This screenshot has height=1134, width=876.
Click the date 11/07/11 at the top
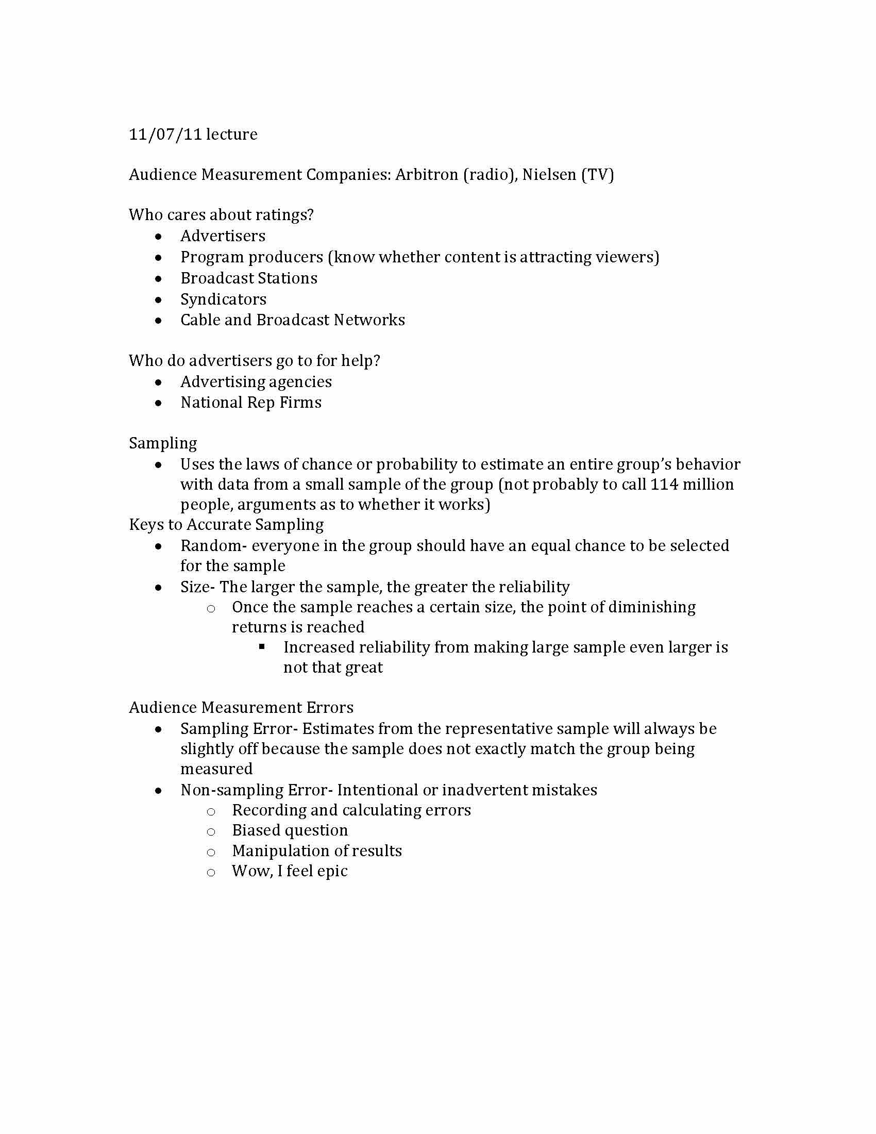(165, 135)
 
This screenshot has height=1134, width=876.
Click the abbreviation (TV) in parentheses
(597, 174)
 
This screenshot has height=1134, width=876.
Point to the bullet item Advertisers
(223, 236)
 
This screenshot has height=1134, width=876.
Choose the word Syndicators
(223, 299)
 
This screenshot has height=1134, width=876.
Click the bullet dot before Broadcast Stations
(158, 279)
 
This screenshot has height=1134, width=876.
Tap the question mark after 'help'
(377, 361)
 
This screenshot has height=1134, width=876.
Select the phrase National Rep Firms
(250, 403)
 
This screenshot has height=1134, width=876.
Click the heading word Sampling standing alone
(163, 443)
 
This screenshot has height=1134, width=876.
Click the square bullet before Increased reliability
(262, 647)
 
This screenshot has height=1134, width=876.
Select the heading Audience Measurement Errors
(241, 708)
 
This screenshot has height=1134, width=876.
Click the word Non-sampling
(231, 790)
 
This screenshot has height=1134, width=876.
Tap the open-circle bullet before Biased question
(211, 832)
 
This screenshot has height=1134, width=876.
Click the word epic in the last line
(332, 871)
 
